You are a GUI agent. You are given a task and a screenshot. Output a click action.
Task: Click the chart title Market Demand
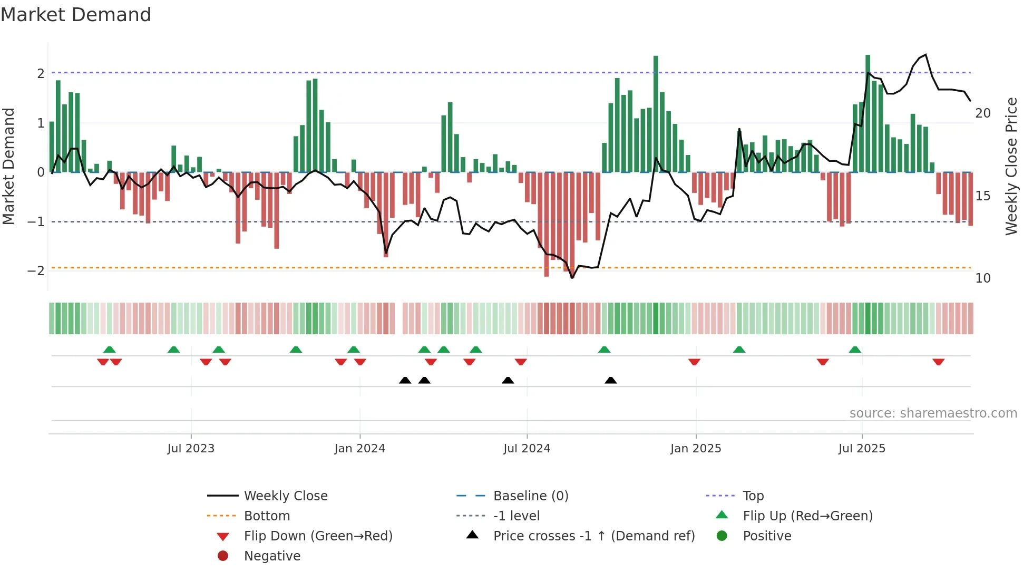click(76, 15)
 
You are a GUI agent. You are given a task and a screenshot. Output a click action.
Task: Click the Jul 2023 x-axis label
click(191, 449)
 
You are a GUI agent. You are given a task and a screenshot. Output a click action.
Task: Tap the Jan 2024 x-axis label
click(359, 449)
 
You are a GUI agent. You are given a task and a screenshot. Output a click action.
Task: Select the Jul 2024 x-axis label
click(527, 449)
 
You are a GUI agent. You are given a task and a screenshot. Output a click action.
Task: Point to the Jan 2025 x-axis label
click(696, 449)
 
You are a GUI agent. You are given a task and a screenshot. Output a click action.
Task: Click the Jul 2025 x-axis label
click(862, 449)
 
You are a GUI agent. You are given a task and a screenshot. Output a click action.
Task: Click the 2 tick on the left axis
click(41, 73)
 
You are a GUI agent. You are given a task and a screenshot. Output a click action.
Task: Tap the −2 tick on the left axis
click(36, 271)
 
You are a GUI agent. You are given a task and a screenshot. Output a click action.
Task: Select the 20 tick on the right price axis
click(983, 113)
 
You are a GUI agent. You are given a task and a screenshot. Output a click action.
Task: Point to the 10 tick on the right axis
click(983, 278)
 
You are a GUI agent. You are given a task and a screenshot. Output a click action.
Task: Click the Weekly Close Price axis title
click(1011, 166)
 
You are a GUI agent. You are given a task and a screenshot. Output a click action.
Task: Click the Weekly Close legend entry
click(286, 496)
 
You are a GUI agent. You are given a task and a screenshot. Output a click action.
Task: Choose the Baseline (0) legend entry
click(530, 496)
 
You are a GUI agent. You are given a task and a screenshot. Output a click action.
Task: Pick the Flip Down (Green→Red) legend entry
click(318, 536)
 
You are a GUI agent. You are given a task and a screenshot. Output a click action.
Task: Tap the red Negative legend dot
click(223, 556)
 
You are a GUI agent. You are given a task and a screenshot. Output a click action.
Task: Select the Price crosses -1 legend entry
click(593, 536)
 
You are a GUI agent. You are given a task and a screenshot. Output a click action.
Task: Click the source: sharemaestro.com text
click(933, 413)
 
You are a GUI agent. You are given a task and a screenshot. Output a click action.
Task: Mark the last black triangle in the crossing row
click(610, 380)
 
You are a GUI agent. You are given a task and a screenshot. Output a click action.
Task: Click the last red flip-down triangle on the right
click(938, 362)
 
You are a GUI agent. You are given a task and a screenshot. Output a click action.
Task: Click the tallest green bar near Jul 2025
click(868, 113)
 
